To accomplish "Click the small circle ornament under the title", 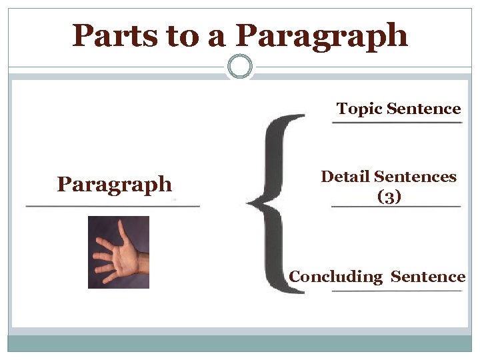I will pos(240,67).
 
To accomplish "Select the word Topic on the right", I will pos(359,109).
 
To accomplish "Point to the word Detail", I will pos(345,177).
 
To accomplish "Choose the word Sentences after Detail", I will pos(415,177).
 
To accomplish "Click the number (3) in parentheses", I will pos(389,197).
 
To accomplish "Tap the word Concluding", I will pos(335,277).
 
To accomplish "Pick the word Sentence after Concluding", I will pos(428,277).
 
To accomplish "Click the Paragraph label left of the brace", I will pos(115,184).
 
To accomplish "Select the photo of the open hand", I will pos(119,252).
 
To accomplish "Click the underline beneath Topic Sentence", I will pos(397,123).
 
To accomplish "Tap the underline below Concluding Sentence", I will pos(397,292).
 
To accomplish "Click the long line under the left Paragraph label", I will pos(112,207).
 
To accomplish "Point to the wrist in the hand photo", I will pos(142,263).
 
